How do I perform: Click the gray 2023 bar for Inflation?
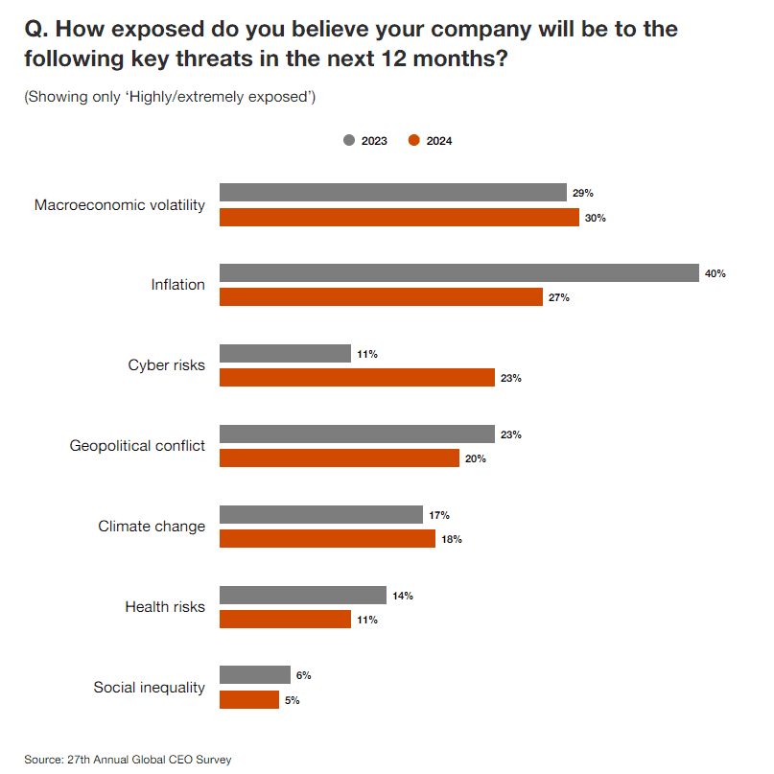[x=458, y=273]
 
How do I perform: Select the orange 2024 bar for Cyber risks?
[x=357, y=378]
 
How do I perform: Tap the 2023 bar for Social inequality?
[x=255, y=675]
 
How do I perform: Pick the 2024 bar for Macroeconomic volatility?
[x=399, y=218]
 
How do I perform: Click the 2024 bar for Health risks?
[x=285, y=620]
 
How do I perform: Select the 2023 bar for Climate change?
[x=321, y=515]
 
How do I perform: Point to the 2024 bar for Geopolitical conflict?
[x=340, y=458]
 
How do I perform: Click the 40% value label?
[x=715, y=273]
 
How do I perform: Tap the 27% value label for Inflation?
[x=559, y=297]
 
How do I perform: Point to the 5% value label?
[x=292, y=700]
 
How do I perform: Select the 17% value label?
[x=439, y=515]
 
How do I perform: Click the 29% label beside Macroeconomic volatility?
[x=582, y=193]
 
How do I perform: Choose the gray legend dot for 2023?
[x=349, y=141]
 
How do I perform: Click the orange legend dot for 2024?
[x=414, y=141]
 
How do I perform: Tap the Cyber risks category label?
[x=166, y=365]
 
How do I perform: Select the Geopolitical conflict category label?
[x=137, y=446]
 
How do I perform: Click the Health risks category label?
[x=165, y=607]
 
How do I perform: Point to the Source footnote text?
[x=128, y=760]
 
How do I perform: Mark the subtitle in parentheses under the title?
[x=170, y=97]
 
